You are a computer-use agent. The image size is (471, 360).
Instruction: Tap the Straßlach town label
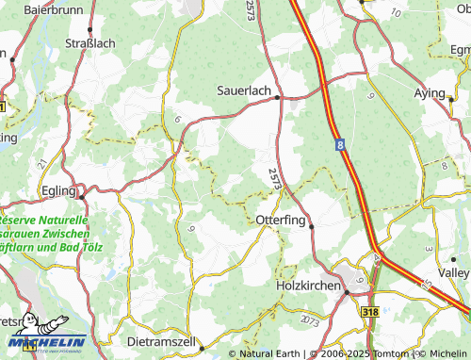89,42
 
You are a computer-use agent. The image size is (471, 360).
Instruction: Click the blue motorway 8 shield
338,144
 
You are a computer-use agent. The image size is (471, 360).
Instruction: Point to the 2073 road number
308,322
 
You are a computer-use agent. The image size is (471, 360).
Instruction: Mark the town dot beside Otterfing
312,225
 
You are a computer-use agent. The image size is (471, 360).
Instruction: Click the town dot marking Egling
83,196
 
